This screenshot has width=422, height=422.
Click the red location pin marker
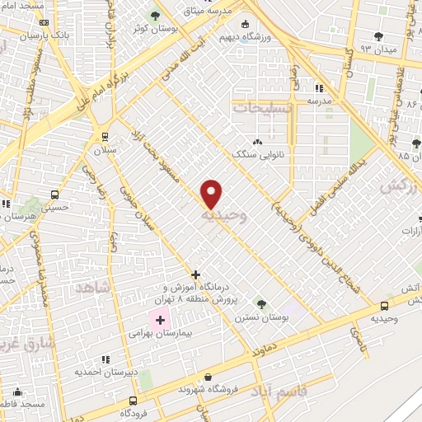[212, 194]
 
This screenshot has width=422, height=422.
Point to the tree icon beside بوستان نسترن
[260, 303]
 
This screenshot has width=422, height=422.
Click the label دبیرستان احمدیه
[105, 372]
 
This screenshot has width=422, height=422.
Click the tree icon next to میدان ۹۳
[378, 36]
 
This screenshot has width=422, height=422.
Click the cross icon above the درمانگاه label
[195, 274]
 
